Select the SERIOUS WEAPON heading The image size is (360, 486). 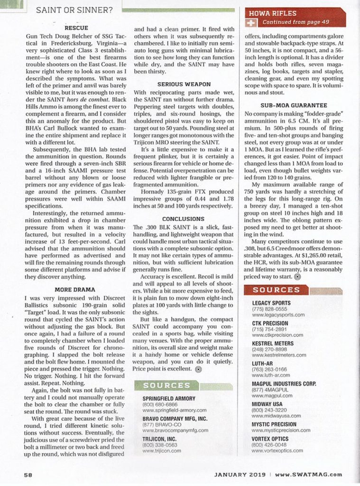184,84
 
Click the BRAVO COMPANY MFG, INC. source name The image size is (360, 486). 175,419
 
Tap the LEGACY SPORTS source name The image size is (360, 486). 271,303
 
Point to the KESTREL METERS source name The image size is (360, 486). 273,343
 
